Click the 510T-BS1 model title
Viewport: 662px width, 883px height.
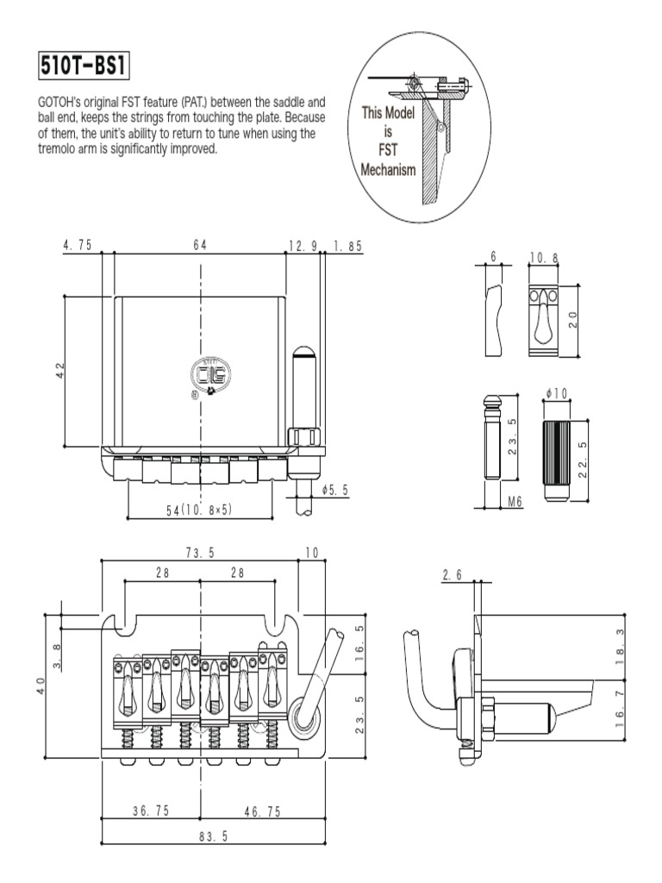85,65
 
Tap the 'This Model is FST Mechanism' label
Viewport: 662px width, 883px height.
388,141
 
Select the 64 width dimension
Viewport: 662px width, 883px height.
200,245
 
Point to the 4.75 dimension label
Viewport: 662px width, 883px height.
78,245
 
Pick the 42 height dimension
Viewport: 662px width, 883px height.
59,369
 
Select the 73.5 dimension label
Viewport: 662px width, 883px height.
200,551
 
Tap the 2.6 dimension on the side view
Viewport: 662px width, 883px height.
452,574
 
